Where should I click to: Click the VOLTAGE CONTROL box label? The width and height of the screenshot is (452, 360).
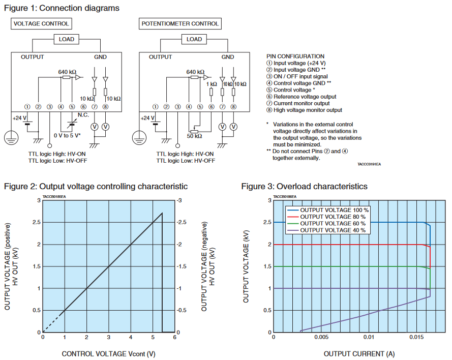pyautogui.click(x=41, y=23)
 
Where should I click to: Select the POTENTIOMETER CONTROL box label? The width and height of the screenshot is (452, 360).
pyautogui.click(x=180, y=23)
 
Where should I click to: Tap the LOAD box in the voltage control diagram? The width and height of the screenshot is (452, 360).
pyautogui.click(x=66, y=39)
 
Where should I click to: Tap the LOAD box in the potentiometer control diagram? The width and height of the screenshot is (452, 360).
pyautogui.click(x=194, y=39)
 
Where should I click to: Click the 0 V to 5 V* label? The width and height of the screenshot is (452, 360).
pyautogui.click(x=68, y=135)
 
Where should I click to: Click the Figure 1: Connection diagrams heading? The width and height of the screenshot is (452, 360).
pyautogui.click(x=62, y=8)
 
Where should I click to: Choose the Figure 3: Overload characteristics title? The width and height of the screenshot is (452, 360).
pyautogui.click(x=304, y=187)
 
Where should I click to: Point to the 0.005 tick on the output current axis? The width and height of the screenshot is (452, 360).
pyautogui.click(x=321, y=337)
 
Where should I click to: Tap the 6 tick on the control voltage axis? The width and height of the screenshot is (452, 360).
pyautogui.click(x=174, y=337)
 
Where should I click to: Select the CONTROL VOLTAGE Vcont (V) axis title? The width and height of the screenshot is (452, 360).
pyautogui.click(x=108, y=353)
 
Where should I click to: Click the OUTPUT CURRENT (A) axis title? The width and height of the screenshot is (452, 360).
pyautogui.click(x=359, y=353)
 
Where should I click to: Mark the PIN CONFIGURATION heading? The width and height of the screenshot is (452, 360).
pyautogui.click(x=295, y=56)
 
